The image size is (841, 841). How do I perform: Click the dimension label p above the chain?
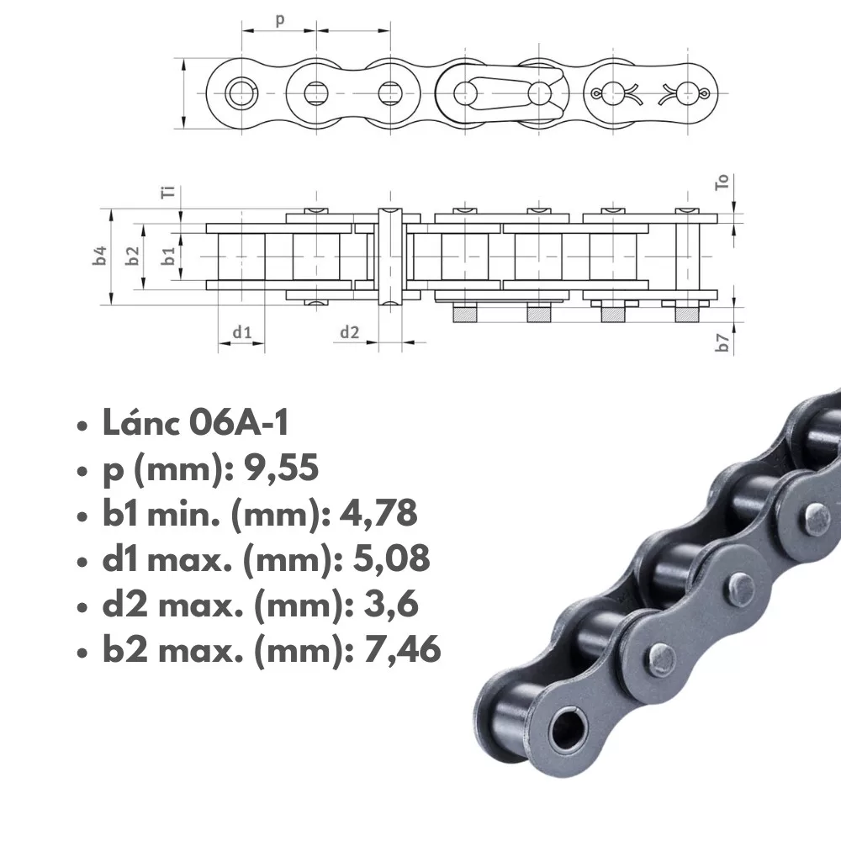coord(280,21)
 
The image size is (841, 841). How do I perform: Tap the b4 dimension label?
coord(100,256)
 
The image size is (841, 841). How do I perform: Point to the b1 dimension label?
coord(169,256)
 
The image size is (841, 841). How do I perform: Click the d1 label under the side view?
coord(242,332)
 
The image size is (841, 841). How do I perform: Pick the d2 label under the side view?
coord(349,332)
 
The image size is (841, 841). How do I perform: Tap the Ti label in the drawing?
coord(168,192)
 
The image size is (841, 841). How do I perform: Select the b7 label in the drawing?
coord(723,342)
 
